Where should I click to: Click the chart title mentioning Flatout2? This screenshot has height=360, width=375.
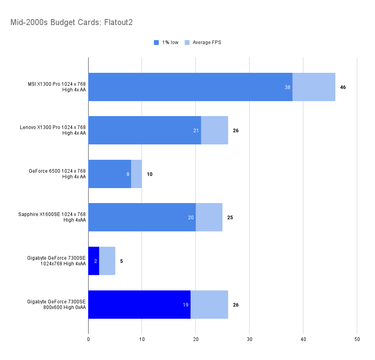pos(72,22)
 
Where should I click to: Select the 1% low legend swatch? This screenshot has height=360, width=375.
pos(157,42)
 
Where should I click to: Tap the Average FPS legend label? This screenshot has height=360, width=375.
pos(207,42)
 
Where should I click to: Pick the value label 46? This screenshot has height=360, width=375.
pos(343,87)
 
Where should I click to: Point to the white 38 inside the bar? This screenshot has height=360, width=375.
pos(288,87)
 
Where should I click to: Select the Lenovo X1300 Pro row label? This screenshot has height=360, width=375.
pos(53,130)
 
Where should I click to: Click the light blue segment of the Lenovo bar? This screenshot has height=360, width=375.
pos(214,130)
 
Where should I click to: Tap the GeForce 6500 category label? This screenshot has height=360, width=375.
pos(57,174)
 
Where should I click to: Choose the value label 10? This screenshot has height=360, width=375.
pos(150,174)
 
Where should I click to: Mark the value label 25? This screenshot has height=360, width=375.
pos(230,217)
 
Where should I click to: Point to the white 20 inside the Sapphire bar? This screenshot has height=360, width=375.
pos(191,217)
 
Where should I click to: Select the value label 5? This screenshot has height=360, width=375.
pos(121,261)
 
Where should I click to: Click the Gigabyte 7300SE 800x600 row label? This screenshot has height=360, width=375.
pos(57,304)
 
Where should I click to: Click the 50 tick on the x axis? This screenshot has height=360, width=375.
pos(357,339)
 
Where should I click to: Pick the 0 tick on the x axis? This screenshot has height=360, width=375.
pos(88,339)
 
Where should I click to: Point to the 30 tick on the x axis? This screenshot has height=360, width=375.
pos(250,339)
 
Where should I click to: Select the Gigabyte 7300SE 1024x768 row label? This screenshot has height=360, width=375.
pos(57,261)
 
